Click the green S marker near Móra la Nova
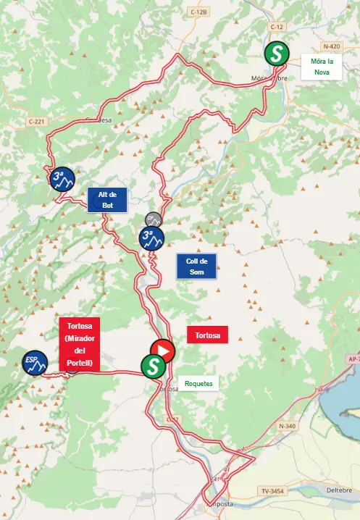pos(275,53)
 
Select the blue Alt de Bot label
pos(107,200)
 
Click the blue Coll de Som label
pos(196,267)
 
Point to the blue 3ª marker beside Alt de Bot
pos(62,178)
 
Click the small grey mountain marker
pos(153,219)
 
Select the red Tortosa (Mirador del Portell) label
pos(80,345)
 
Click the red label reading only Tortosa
pos(207,335)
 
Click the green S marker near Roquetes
pos(152,366)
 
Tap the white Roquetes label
pos(198,383)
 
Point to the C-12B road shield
pos(199,12)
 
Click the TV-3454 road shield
pos(273,491)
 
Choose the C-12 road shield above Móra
pos(275,27)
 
